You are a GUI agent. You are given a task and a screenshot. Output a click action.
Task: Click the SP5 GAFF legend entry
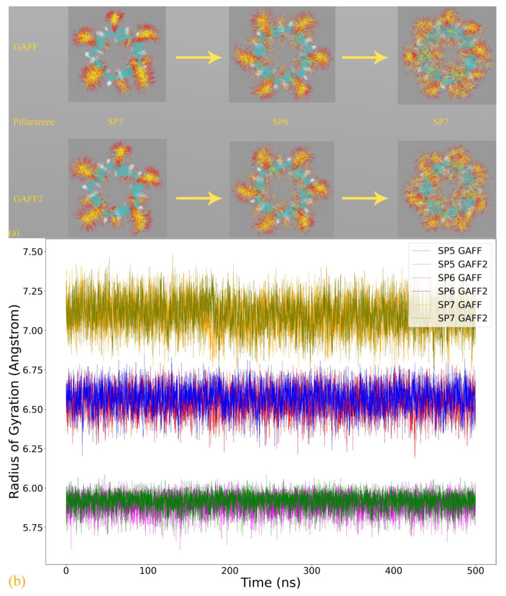point(459,251)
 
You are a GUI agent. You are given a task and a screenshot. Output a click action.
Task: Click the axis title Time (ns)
point(271,583)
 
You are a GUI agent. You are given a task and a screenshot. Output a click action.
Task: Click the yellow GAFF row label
point(26,47)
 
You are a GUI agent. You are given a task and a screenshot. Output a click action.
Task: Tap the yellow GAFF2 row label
point(28,198)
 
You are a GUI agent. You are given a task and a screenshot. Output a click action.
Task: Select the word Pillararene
point(34,122)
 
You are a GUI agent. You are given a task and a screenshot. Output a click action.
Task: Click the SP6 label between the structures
point(280,122)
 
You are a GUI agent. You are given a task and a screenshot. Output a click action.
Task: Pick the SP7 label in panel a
point(441,122)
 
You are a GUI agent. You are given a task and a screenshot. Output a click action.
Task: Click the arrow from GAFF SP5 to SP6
point(199,58)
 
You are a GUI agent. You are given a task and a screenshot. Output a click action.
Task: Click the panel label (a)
point(14,233)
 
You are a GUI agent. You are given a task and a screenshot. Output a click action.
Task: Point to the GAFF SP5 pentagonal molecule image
point(117,54)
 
